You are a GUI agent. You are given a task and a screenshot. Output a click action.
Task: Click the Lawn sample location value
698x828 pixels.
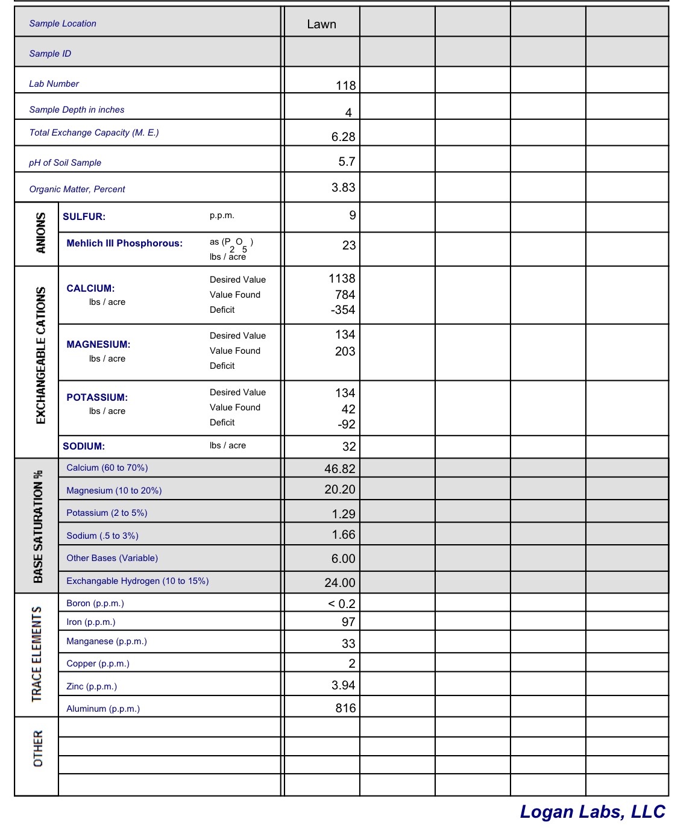coord(321,24)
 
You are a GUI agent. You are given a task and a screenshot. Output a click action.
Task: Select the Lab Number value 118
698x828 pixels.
coord(345,86)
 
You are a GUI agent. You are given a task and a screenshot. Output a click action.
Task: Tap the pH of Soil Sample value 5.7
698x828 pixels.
coord(347,162)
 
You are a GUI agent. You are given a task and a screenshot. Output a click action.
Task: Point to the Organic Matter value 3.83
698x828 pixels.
coord(343,187)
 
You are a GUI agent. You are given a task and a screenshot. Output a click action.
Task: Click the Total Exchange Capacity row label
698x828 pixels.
coord(94,133)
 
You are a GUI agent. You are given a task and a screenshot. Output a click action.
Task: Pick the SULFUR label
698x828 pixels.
coord(84,216)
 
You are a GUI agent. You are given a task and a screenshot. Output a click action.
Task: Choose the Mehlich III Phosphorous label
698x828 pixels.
coord(124,243)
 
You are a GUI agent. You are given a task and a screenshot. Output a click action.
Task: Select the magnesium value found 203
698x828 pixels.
coord(345,351)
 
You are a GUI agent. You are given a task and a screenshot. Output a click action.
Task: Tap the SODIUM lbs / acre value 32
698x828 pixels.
coord(349,447)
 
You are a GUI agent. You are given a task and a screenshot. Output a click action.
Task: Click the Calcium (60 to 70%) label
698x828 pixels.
coord(107,468)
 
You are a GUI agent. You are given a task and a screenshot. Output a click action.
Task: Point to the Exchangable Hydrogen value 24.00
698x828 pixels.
coord(340,583)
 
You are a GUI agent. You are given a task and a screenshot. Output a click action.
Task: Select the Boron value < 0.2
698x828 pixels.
coord(341,604)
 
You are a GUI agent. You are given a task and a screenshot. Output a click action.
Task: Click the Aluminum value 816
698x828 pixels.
coord(345,708)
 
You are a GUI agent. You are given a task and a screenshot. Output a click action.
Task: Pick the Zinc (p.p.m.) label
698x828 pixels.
coord(92,686)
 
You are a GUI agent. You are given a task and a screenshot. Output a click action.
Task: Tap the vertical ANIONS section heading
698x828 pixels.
coord(40,233)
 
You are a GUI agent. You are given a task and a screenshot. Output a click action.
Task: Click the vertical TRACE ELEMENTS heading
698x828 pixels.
coord(37,654)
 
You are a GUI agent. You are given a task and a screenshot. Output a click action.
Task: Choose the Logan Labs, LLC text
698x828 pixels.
coord(592,812)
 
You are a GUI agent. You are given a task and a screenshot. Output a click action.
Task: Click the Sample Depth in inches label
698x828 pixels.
coord(77,110)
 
